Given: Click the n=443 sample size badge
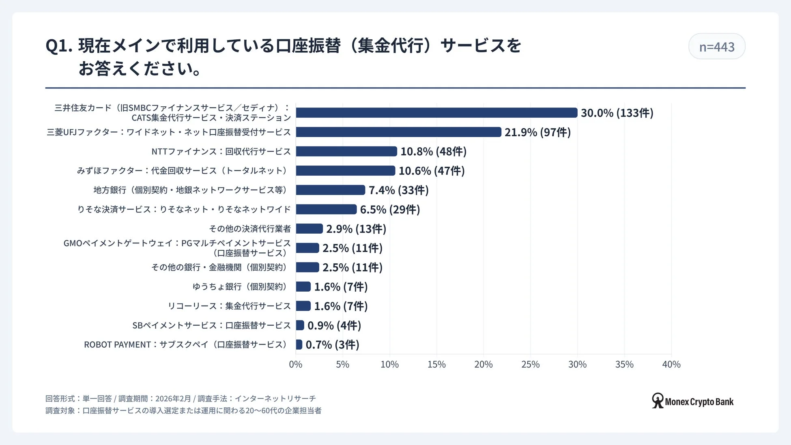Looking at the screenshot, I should [716, 47].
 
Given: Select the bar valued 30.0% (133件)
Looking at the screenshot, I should [436, 113].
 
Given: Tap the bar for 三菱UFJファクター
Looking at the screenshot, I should [398, 132].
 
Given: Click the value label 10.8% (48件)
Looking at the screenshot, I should [433, 152].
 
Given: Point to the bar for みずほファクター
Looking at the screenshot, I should [345, 171].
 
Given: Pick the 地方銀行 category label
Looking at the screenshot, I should [191, 190].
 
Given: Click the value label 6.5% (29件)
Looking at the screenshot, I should [390, 210].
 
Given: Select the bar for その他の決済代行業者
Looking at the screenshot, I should [309, 229].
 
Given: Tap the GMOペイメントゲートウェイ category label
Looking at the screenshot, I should [177, 248].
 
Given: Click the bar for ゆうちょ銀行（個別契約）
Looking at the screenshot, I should [303, 287].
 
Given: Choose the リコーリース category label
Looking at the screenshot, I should [229, 306].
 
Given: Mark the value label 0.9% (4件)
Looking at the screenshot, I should [334, 326].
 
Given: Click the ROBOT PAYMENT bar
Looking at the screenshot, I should [299, 345].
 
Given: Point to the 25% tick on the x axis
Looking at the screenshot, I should [530, 364].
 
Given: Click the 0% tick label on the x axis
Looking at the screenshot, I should [295, 364].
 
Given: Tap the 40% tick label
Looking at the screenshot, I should [671, 364].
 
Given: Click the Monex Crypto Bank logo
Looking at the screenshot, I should [692, 401].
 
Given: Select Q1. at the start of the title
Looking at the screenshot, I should [59, 46].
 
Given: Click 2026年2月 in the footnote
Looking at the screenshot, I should [173, 399].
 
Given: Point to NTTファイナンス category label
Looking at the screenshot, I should [221, 152].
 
